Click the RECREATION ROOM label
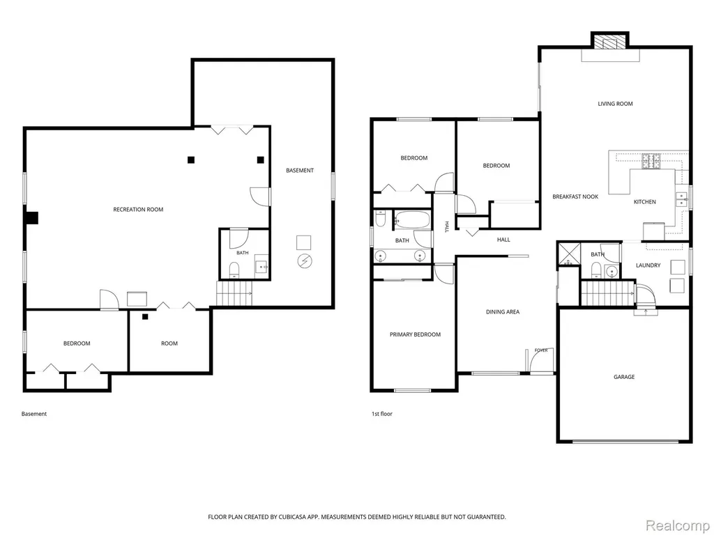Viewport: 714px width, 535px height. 138,210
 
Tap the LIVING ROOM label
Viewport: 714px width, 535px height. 615,104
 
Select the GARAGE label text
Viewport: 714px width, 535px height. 624,377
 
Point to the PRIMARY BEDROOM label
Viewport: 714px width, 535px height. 415,334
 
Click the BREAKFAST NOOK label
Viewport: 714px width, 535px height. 575,196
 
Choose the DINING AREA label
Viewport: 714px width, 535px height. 503,311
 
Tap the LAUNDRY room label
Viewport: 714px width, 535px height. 648,265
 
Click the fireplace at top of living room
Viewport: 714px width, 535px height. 610,41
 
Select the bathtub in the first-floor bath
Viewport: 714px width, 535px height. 411,219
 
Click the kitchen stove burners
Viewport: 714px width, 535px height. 651,162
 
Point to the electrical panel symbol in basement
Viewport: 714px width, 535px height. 305,261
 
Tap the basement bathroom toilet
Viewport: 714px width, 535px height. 234,269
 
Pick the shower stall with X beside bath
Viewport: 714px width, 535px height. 569,254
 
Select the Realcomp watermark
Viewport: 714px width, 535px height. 678,525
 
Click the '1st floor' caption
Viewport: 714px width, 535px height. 381,414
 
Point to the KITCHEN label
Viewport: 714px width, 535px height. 645,201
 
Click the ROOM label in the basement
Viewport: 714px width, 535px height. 169,343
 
